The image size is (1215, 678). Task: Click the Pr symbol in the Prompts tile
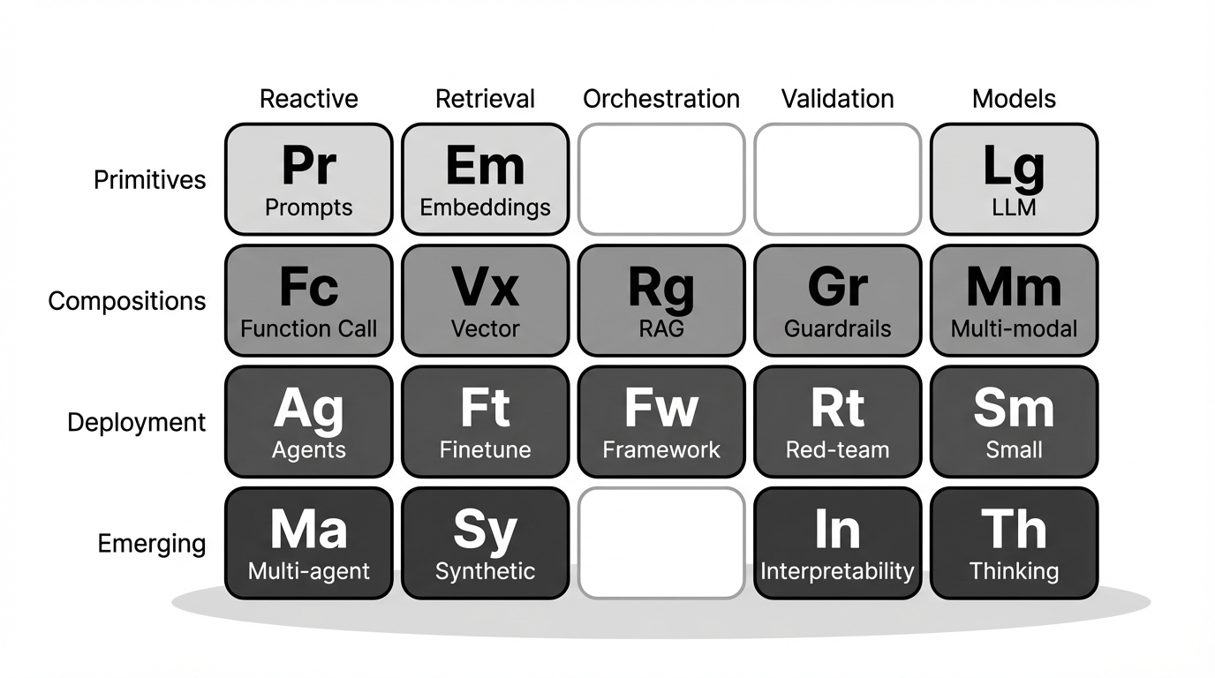309,165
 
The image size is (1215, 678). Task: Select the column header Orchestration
661,99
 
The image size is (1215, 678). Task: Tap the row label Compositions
127,301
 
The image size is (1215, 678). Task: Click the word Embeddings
485,207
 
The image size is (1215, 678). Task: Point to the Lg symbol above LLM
1014,168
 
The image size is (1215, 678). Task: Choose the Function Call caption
309,328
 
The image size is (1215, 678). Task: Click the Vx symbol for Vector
485,286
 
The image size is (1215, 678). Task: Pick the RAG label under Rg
661,328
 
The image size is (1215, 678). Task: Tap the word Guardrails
837,328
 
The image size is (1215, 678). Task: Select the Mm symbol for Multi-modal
1014,286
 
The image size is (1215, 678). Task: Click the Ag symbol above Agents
309,411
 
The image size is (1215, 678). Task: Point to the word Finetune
485,449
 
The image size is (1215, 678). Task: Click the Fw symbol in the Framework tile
661,407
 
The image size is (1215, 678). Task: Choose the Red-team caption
837,449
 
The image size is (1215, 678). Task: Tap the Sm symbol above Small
1014,407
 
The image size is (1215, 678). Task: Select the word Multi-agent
309,572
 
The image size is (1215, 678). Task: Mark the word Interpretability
837,572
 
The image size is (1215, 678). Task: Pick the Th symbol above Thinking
1014,529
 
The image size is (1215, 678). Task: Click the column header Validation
837,99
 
